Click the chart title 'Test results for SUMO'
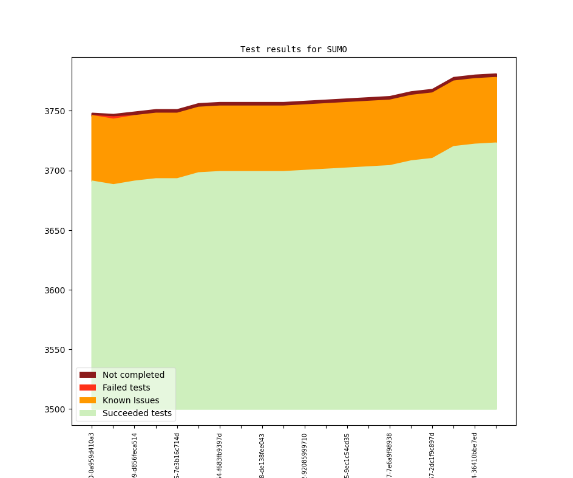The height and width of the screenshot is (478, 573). click(x=293, y=49)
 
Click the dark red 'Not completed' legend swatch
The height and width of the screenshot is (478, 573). click(x=87, y=375)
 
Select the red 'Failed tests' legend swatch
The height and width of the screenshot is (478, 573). click(x=87, y=388)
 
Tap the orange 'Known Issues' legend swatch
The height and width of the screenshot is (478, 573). click(x=87, y=400)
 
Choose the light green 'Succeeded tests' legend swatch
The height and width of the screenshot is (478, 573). click(x=87, y=413)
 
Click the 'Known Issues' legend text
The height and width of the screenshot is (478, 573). click(x=131, y=400)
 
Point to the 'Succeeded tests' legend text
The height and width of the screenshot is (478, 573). click(x=137, y=413)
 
